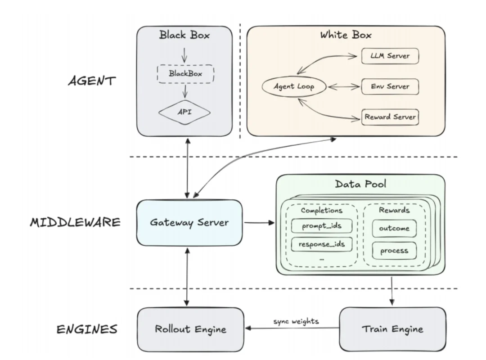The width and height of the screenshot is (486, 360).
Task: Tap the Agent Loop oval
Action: pyautogui.click(x=294, y=86)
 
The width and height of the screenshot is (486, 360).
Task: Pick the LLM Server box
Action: pyautogui.click(x=390, y=56)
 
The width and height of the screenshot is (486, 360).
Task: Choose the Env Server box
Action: pyautogui.click(x=390, y=86)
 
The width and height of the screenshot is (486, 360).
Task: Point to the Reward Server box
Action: pyautogui.click(x=390, y=117)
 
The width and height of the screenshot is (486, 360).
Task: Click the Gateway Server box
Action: pyautogui.click(x=189, y=223)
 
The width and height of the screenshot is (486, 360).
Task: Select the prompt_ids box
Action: pyautogui.click(x=321, y=225)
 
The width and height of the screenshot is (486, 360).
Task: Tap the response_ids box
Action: pyautogui.click(x=321, y=245)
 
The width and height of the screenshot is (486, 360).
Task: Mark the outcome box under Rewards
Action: pyautogui.click(x=394, y=228)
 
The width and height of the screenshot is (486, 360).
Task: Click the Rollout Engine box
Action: pyautogui.click(x=190, y=329)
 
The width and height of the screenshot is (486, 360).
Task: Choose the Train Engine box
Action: pyautogui.click(x=392, y=329)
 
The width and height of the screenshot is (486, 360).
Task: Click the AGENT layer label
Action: pyautogui.click(x=92, y=81)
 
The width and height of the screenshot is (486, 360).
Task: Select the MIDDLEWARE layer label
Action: pyautogui.click(x=75, y=223)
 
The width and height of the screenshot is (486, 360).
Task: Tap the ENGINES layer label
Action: pyautogui.click(x=87, y=329)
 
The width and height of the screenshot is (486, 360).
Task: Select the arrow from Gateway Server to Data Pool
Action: pyautogui.click(x=259, y=223)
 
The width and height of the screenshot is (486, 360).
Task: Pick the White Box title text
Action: pyautogui.click(x=346, y=35)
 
